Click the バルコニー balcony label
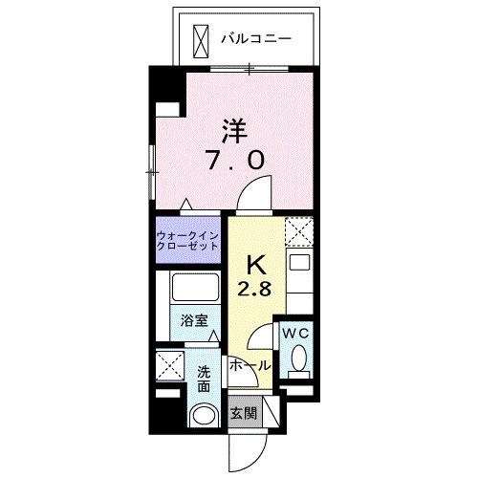click(255, 39)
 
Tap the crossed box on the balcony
click(201, 39)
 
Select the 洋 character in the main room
click(236, 129)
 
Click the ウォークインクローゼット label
click(189, 239)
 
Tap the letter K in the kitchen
click(256, 263)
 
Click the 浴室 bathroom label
click(194, 321)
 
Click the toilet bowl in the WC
click(298, 360)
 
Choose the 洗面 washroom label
click(205, 380)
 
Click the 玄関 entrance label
click(242, 414)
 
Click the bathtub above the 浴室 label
click(194, 290)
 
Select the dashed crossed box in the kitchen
click(298, 232)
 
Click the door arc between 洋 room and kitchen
click(253, 196)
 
